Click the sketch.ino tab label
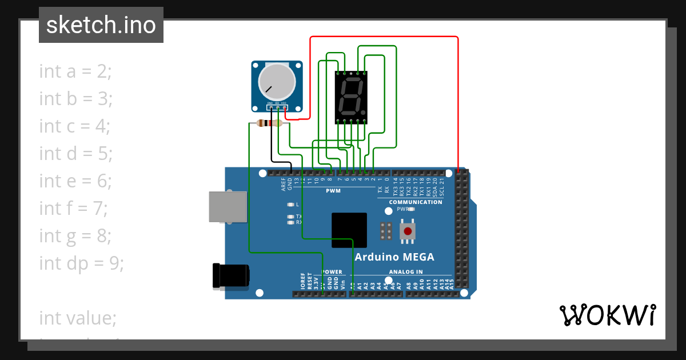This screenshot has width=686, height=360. click(101, 25)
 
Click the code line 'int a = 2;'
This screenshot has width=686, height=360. click(75, 71)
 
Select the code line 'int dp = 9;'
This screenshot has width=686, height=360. click(81, 263)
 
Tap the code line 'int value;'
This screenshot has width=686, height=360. click(77, 318)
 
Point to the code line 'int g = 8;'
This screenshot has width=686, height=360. click(75, 235)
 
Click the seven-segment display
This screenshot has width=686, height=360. click(350, 97)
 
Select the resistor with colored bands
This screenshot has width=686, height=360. click(269, 123)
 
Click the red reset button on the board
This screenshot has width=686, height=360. click(408, 231)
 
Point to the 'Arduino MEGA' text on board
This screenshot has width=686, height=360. click(394, 257)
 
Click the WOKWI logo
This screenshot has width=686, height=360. click(607, 315)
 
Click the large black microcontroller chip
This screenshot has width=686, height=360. click(349, 230)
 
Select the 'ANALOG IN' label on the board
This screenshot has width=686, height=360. click(406, 272)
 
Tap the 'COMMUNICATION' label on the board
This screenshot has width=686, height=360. click(416, 202)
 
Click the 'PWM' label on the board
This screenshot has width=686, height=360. click(333, 190)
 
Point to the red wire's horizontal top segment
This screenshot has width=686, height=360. click(383, 37)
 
